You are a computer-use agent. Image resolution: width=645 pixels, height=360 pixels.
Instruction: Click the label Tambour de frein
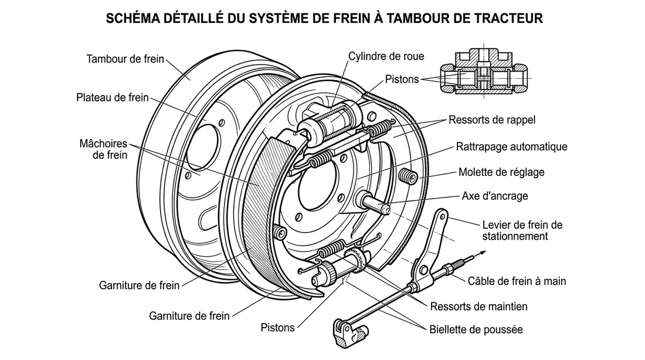(124, 59)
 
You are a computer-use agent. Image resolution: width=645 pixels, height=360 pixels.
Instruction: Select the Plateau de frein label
(113, 98)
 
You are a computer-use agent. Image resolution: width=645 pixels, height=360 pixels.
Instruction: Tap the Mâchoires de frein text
(103, 150)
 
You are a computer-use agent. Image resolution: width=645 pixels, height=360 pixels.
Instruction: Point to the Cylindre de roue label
(386, 56)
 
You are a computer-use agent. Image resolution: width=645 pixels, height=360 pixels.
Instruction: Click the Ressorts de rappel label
(492, 120)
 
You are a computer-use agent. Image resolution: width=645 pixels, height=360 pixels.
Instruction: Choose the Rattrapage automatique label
(511, 147)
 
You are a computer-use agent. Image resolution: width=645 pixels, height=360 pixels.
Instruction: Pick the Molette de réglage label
(501, 172)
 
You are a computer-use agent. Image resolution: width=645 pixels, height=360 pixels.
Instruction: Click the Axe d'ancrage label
(495, 196)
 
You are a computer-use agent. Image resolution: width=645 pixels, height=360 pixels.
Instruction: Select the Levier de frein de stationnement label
(522, 230)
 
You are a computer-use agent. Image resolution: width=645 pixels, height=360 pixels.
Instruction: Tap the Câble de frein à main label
(517, 281)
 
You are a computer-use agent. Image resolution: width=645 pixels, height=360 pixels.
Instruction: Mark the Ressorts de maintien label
(478, 306)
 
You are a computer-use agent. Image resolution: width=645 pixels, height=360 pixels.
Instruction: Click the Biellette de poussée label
(476, 329)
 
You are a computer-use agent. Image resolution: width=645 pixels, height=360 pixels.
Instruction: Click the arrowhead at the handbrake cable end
(484, 253)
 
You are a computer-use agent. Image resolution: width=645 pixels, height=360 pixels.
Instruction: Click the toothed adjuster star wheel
(355, 258)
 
